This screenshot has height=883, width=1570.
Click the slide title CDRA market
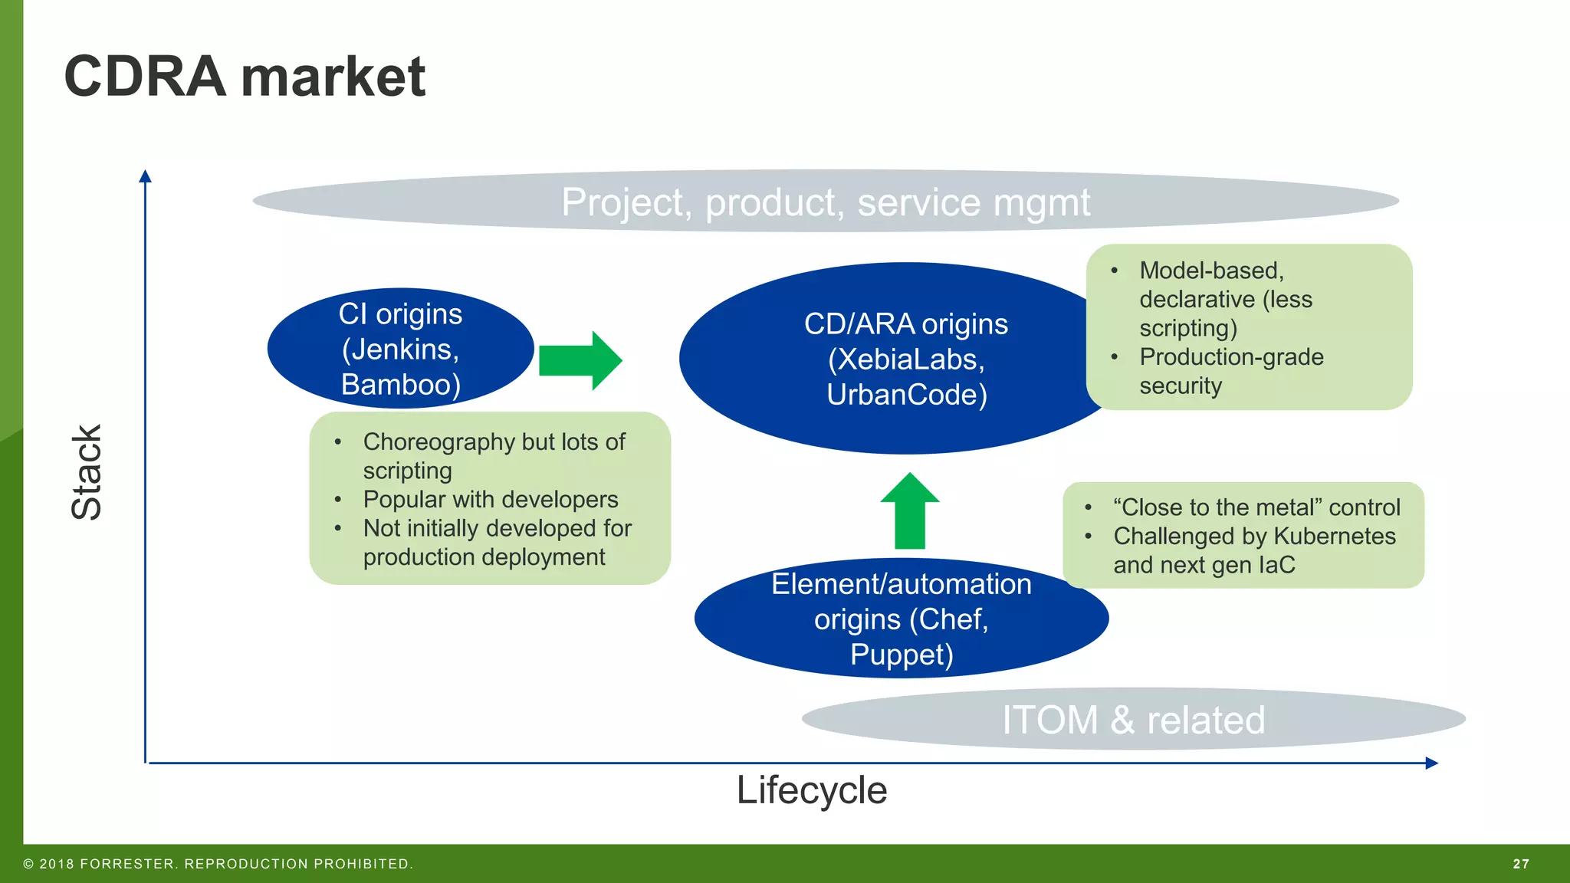(244, 77)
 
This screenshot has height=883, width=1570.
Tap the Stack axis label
(86, 471)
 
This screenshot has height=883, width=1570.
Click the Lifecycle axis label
(811, 790)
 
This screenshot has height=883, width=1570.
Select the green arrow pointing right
(580, 360)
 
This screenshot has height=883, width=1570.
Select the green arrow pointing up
(910, 510)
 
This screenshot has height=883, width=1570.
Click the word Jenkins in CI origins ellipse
(399, 350)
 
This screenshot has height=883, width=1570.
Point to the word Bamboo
(398, 385)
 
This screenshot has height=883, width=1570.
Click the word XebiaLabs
(905, 359)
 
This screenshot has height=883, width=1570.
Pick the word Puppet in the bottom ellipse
(900, 655)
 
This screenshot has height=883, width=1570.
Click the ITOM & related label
(1133, 720)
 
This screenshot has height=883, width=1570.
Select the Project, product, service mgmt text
(825, 202)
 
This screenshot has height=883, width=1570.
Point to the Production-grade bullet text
(1231, 357)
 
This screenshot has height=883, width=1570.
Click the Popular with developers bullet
(490, 499)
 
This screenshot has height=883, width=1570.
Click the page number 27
(1521, 864)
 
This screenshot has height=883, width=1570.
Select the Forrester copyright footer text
(218, 864)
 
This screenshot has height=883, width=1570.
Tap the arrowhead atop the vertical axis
(145, 176)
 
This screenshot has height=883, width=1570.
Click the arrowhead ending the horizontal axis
(1431, 763)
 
